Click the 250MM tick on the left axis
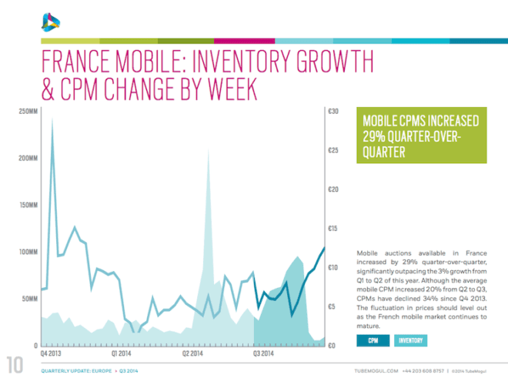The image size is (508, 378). [24, 112]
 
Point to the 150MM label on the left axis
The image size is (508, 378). [24, 206]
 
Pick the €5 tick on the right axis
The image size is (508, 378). [332, 306]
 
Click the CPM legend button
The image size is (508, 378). [373, 340]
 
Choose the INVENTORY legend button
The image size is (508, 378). [411, 340]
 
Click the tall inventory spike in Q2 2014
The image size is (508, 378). [208, 151]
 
